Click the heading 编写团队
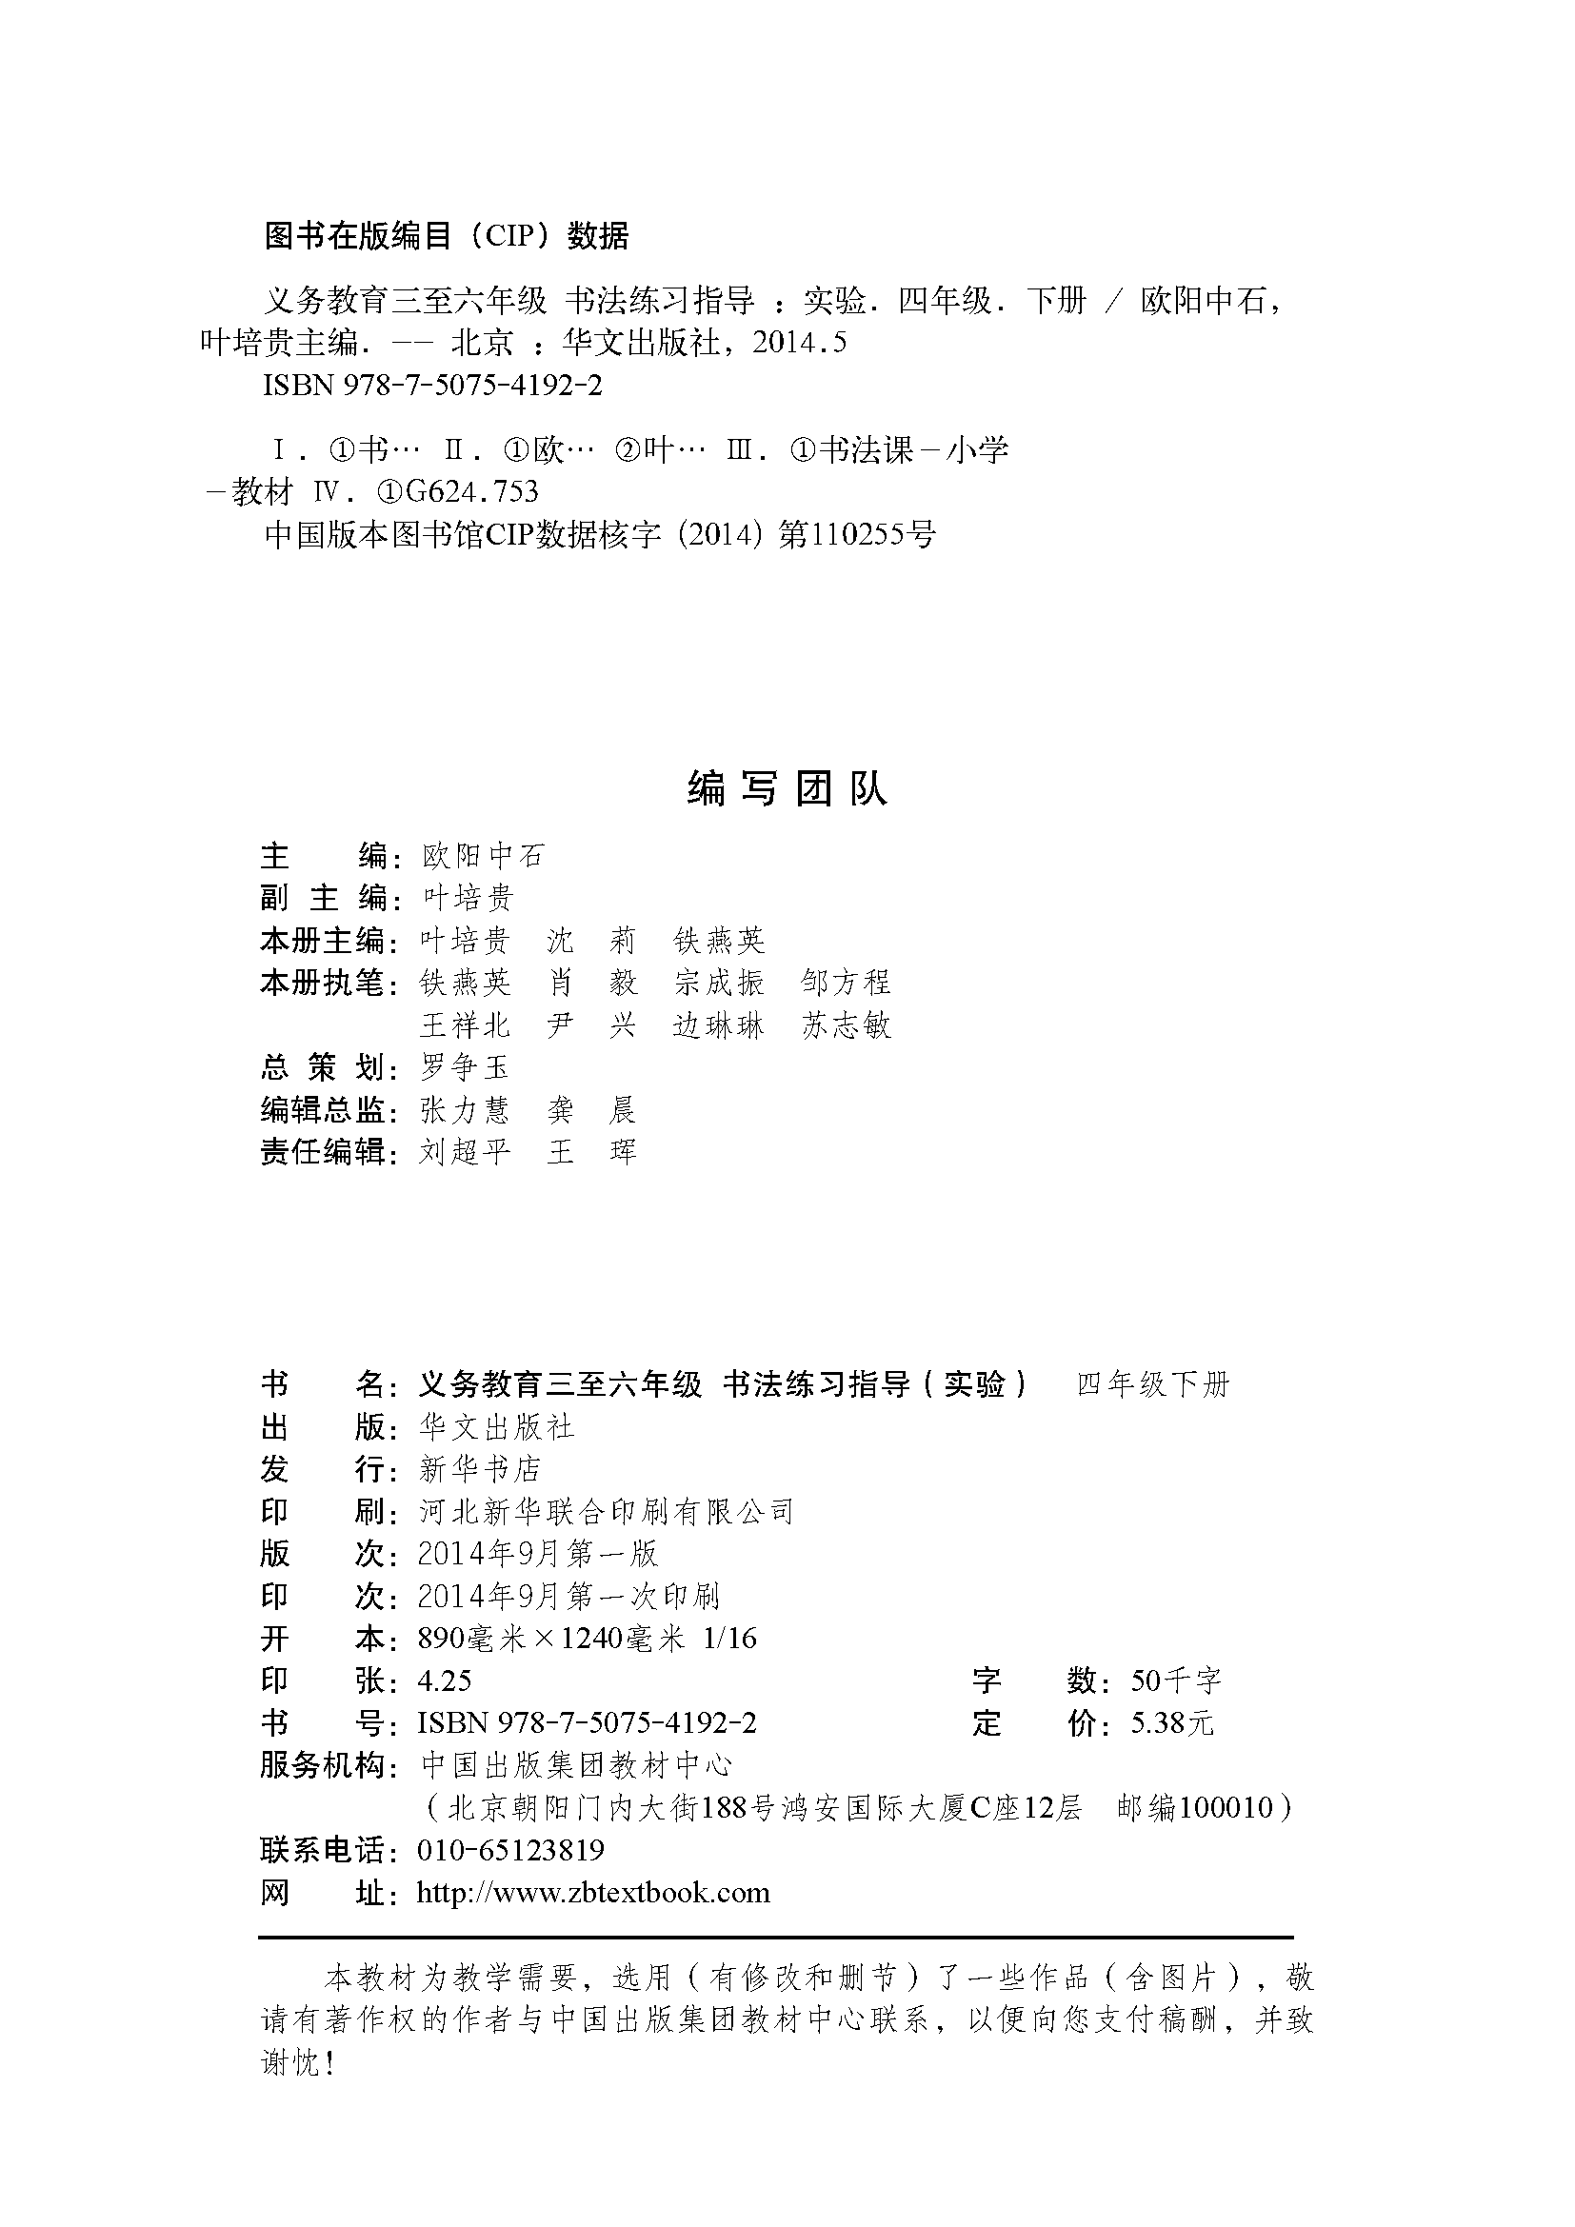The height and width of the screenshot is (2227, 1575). click(787, 789)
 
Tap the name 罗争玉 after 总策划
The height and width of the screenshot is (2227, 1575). click(465, 1068)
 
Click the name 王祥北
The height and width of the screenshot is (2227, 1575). click(465, 1025)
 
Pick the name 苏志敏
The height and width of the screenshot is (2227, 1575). click(846, 1025)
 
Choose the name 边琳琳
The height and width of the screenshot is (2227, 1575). click(719, 1025)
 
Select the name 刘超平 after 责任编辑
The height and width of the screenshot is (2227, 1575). click(465, 1152)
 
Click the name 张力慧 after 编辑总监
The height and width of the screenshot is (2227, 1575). click(465, 1109)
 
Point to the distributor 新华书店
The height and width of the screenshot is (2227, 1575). click(479, 1469)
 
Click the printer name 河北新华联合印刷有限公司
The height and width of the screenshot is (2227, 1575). click(607, 1511)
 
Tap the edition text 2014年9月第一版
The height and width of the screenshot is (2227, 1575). click(538, 1554)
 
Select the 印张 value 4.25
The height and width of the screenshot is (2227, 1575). click(444, 1680)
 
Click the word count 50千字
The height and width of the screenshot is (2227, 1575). click(1175, 1680)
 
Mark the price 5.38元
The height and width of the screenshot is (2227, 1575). click(1171, 1723)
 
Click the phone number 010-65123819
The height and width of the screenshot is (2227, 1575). click(510, 1850)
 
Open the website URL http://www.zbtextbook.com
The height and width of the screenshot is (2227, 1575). click(592, 1893)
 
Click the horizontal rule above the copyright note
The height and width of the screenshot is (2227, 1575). click(776, 1938)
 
